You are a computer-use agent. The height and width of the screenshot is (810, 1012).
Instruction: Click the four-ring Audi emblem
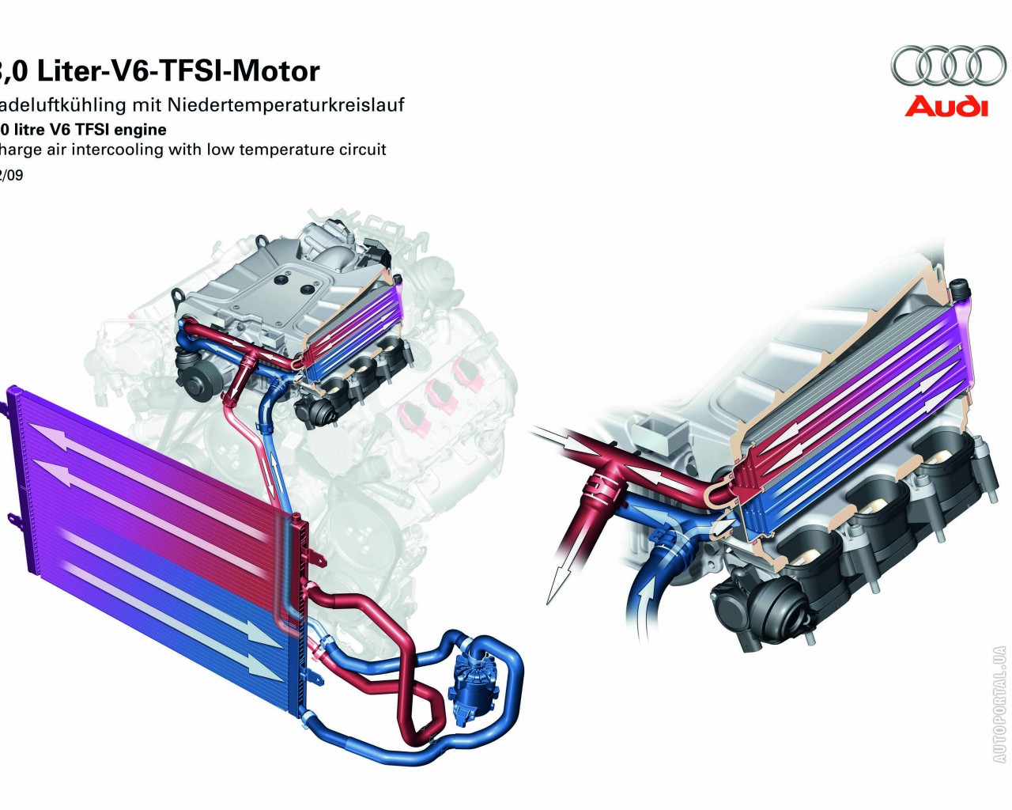tap(948, 66)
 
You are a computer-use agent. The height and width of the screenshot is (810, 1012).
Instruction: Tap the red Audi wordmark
tap(946, 106)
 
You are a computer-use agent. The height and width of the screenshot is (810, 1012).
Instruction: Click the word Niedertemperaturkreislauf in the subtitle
tap(305, 105)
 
